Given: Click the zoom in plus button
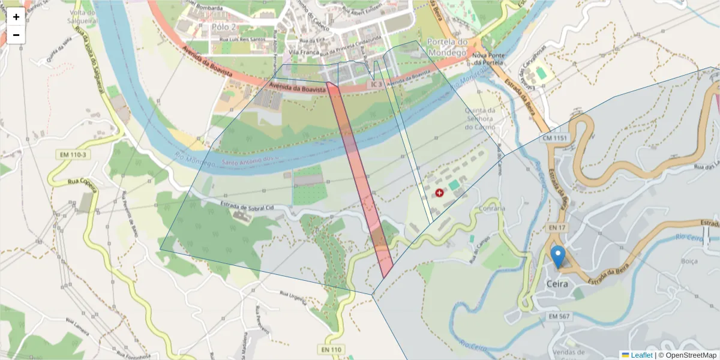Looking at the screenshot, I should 16,17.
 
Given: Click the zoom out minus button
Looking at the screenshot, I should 16,35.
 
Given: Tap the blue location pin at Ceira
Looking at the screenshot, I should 558,257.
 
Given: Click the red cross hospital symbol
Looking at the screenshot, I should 439,193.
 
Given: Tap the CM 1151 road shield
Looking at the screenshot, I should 554,138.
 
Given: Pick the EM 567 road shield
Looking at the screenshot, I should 559,316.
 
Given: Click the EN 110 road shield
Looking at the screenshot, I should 331,350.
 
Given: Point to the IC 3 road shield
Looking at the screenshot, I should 376,85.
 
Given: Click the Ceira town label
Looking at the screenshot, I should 558,284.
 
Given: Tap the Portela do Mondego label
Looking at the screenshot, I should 447,47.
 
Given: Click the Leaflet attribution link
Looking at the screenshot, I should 641,355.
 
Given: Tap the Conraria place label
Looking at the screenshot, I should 492,209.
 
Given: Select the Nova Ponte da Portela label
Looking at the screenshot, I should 487,59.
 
